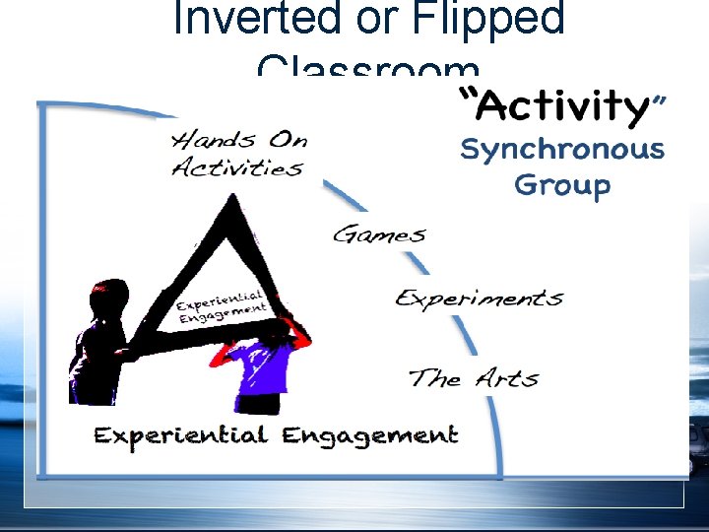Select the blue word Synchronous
562,151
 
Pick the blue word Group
562,184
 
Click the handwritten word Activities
237,167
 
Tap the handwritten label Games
379,234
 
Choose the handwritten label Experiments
480,298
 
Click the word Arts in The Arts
507,378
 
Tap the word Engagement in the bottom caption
369,434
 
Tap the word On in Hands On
287,139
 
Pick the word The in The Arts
434,378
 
